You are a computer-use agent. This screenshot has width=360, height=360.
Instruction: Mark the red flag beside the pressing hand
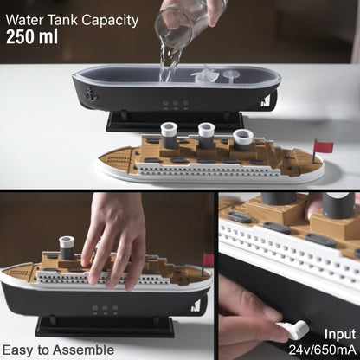coord(207,260)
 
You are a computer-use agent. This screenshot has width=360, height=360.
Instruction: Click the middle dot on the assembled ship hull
coord(104,310)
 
